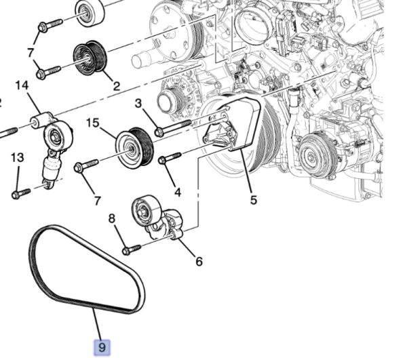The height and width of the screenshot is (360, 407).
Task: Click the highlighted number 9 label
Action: coord(102,347)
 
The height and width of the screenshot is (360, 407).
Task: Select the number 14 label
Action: coord(21,86)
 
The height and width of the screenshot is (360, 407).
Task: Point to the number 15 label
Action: coord(93,123)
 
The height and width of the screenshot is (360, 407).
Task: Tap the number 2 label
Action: coord(116,87)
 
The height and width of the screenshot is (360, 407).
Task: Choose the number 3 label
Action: coord(138,104)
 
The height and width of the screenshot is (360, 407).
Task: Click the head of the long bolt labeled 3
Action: coord(159,130)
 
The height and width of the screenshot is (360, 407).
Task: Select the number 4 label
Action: coord(177,192)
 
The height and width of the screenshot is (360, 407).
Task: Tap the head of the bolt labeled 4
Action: coord(163,161)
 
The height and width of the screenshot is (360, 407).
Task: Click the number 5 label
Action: coord(253,201)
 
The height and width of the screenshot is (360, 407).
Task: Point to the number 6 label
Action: coord(199,260)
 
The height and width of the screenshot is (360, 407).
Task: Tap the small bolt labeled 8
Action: coord(127,250)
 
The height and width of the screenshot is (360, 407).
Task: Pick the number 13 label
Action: coord(17,157)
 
